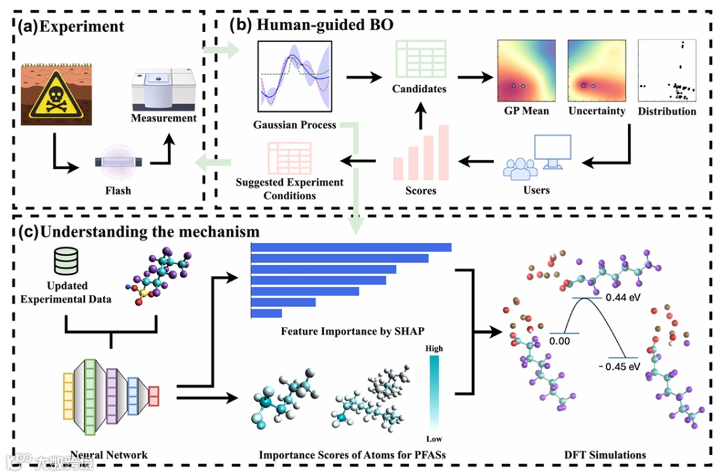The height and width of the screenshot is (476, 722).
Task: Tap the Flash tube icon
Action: point(117,163)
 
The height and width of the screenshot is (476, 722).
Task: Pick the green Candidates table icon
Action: point(418,60)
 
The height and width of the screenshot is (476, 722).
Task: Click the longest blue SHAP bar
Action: point(350,248)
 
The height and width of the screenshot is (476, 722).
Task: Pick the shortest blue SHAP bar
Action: point(266,314)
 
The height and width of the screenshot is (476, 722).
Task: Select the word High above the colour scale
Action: point(434,348)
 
